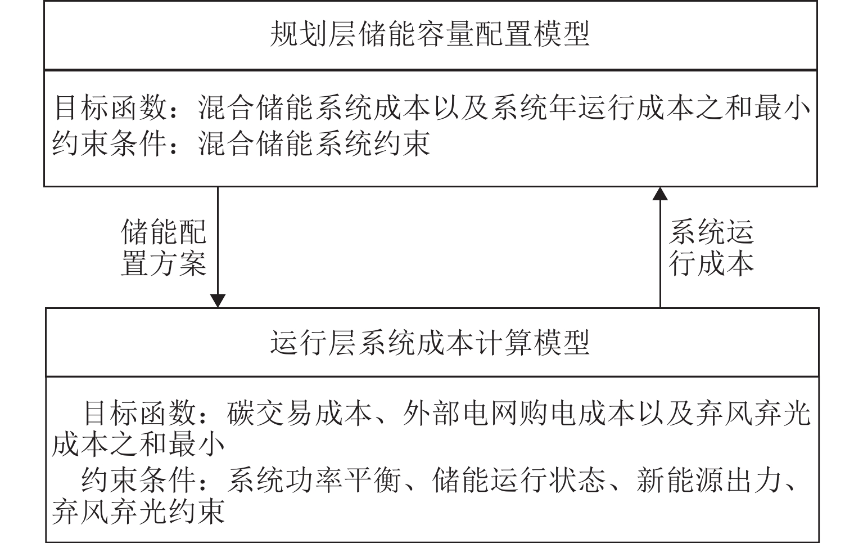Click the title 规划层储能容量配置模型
[x=430, y=34]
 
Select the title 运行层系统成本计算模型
[x=430, y=343]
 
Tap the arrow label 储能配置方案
[x=164, y=248]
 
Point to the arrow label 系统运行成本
[x=711, y=248]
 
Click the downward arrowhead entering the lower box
[x=218, y=301]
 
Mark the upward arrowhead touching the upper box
[x=660, y=194]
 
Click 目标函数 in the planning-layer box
[x=110, y=107]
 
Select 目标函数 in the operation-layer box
[x=139, y=413]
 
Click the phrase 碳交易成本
[x=299, y=413]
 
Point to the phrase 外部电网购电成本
[x=518, y=413]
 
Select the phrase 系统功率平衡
[x=314, y=480]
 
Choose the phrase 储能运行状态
[x=519, y=480]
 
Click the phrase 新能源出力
[x=709, y=480]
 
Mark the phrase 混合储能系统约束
[x=314, y=143]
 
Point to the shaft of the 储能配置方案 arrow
[x=218, y=241]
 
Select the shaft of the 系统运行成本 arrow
[x=660, y=254]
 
